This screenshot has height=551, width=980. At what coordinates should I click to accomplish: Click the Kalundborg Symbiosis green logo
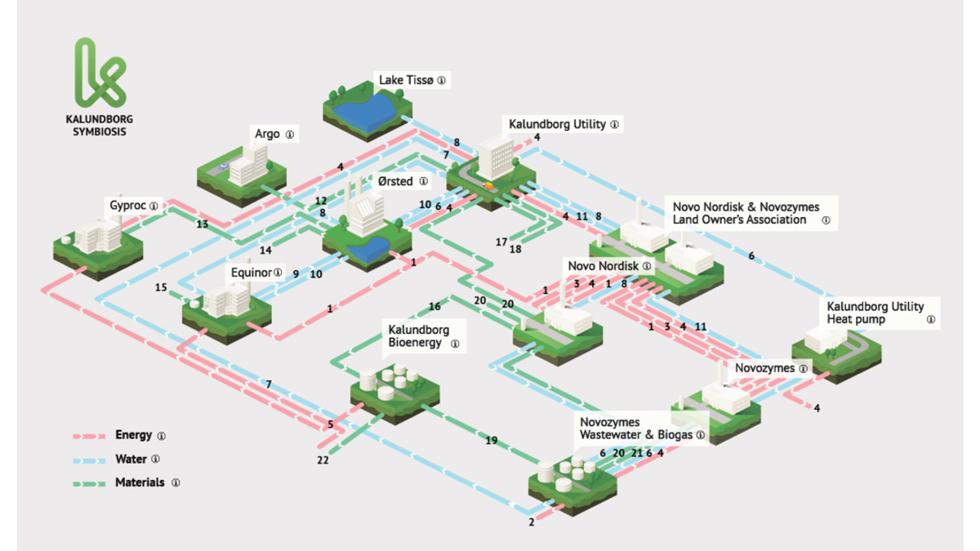click(x=99, y=73)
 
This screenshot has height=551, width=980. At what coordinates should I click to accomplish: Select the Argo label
click(x=267, y=133)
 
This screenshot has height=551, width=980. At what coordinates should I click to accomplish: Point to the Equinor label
click(x=251, y=272)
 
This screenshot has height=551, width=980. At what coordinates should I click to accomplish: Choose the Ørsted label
click(x=394, y=181)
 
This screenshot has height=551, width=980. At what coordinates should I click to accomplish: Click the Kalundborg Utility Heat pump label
click(x=875, y=313)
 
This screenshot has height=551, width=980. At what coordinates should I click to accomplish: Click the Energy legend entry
click(x=134, y=436)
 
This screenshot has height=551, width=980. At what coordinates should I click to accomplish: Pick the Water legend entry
click(x=131, y=460)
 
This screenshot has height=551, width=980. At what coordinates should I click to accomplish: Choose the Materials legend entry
click(x=139, y=482)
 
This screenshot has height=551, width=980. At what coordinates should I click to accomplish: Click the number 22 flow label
click(x=323, y=460)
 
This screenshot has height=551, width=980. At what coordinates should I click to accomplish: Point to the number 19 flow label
click(x=491, y=441)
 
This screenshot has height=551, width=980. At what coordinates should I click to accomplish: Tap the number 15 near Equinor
click(x=161, y=287)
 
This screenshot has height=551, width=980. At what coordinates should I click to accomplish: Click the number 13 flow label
click(x=202, y=224)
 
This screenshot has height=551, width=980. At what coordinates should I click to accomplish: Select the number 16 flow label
click(x=434, y=307)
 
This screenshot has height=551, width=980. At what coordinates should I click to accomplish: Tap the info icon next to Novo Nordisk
click(x=647, y=266)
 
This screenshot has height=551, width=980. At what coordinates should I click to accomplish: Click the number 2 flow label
click(x=531, y=522)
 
